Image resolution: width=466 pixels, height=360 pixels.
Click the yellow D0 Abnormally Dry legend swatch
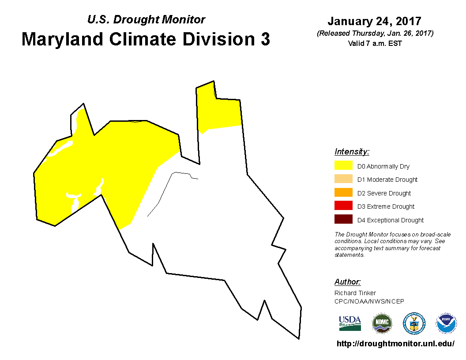(343, 165)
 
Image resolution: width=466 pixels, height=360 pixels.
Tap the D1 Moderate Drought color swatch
(343, 179)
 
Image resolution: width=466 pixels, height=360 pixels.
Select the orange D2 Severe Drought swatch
(343, 192)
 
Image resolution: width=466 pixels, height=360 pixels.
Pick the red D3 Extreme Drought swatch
(343, 206)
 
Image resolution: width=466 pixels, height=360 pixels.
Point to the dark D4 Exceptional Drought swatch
(343, 219)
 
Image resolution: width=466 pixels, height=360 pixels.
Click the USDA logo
(350, 323)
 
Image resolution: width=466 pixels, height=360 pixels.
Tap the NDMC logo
(382, 323)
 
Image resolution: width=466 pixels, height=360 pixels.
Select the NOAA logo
(446, 323)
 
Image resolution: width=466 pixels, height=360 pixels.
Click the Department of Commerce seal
(414, 323)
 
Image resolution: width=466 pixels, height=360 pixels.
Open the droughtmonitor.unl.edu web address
(395, 344)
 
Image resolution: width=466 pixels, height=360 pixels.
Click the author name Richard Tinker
(355, 293)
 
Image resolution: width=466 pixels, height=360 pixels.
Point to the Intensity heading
(352, 152)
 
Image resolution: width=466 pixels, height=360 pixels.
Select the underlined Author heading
(347, 282)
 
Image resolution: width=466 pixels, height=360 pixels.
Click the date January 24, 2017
(375, 21)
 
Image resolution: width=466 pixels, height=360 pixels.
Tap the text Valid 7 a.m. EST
(375, 43)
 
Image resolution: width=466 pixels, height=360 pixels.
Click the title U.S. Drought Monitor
(146, 19)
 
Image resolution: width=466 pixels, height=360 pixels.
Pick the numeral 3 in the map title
(265, 39)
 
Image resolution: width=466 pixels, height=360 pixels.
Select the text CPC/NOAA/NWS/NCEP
(369, 301)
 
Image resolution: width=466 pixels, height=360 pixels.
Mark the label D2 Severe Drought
(384, 193)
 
